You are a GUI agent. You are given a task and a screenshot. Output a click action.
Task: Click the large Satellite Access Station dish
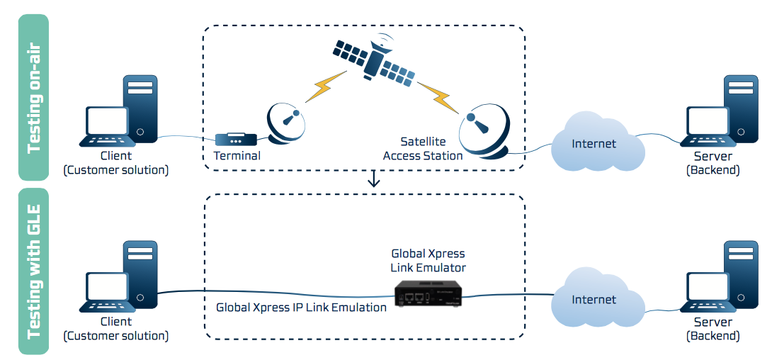[484, 130]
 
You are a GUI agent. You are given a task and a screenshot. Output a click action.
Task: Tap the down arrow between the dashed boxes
[373, 179]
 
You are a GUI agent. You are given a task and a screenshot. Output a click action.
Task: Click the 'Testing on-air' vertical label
[33, 97]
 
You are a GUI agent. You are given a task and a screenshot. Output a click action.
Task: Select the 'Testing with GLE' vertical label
[33, 271]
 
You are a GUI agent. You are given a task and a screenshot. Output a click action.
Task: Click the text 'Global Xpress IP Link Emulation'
[301, 308]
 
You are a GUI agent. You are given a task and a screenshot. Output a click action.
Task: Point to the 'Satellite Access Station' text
[423, 149]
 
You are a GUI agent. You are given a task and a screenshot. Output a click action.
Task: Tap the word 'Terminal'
[237, 156]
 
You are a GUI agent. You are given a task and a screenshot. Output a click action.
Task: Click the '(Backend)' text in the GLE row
[713, 335]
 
